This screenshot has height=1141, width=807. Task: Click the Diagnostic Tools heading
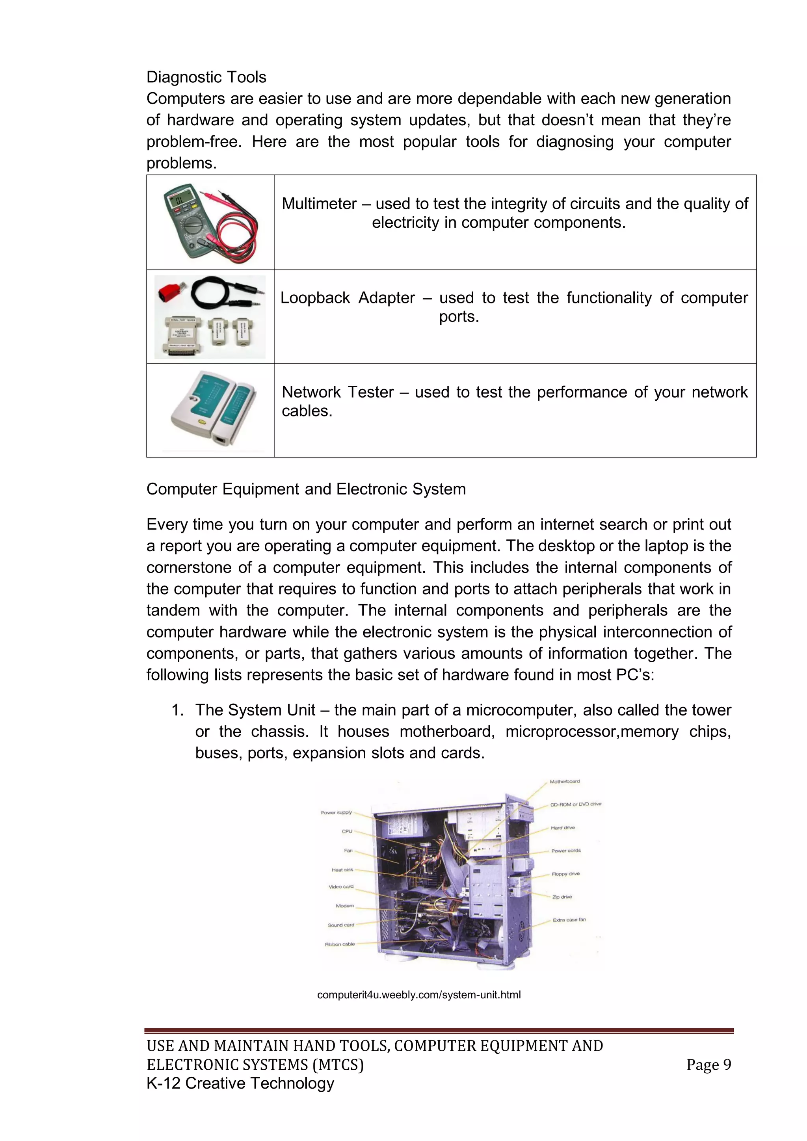[x=206, y=77]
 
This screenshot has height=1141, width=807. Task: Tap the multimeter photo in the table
[x=211, y=222]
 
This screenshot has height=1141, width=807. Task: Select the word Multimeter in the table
[x=319, y=204]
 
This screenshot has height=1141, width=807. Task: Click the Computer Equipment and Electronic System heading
[x=306, y=489]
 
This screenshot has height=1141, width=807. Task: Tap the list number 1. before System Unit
[x=177, y=710]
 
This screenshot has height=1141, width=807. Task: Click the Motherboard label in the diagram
[x=565, y=782]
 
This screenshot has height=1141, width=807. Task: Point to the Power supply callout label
[x=337, y=812]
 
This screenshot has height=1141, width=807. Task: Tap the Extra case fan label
[x=569, y=920]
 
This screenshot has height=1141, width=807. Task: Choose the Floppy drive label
[x=565, y=873]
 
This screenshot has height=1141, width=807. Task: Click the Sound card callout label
[x=341, y=925]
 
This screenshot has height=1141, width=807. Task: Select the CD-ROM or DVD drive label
[x=575, y=804]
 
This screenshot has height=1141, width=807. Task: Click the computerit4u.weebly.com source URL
[x=419, y=995]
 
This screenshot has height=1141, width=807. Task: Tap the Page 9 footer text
[x=708, y=1065]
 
